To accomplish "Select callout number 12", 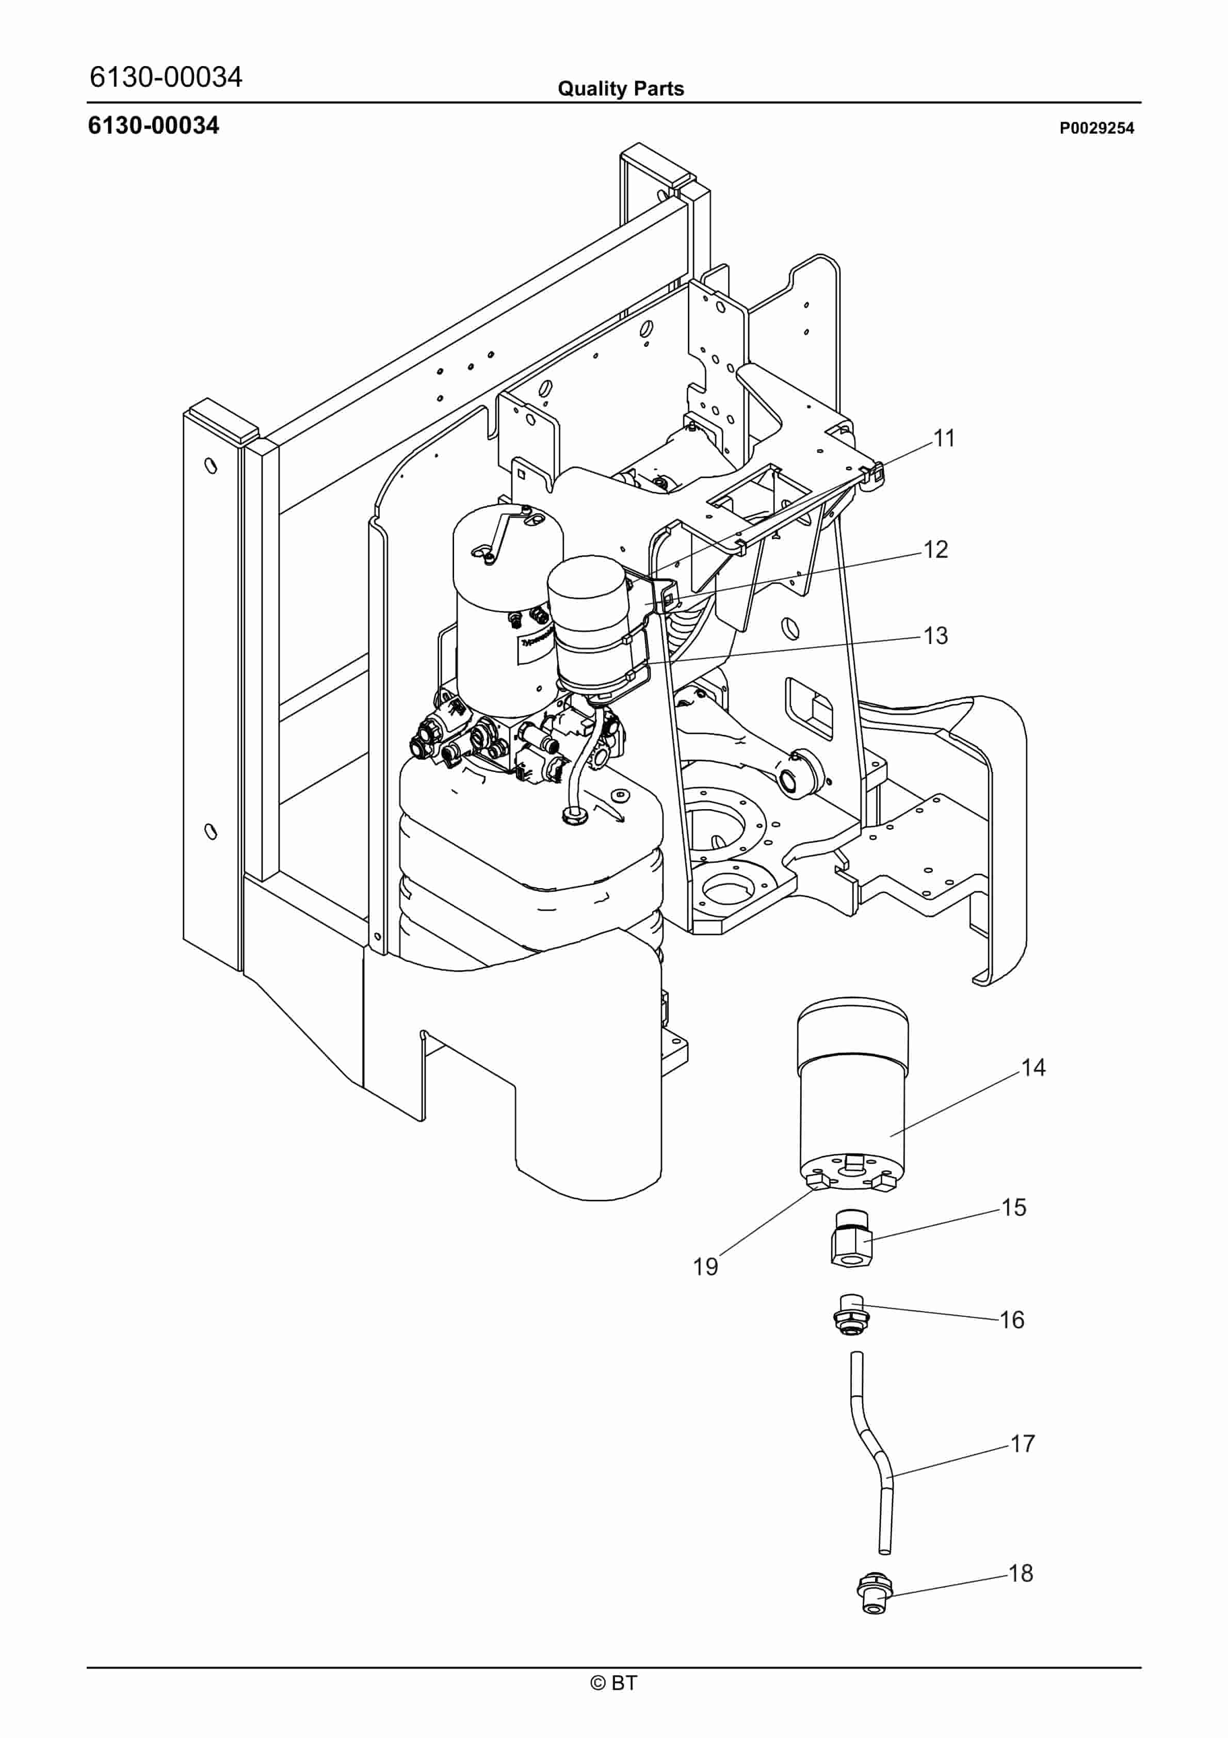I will (936, 550).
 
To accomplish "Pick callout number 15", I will (1014, 1208).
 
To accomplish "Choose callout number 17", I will (1022, 1444).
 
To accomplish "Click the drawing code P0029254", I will (1096, 128).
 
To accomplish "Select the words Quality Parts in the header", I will (620, 89).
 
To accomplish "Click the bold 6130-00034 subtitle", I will (154, 126).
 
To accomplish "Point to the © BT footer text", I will (614, 1683).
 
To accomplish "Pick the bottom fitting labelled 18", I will (875, 1596).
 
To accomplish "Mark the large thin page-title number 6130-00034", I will (166, 77).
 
